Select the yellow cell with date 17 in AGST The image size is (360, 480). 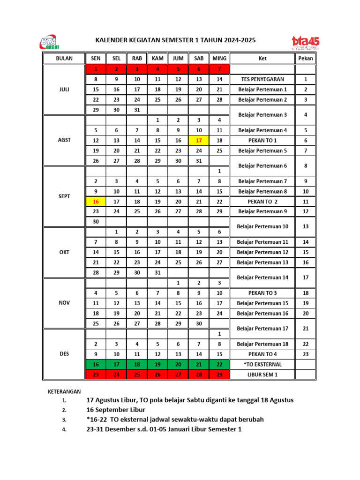click(199, 140)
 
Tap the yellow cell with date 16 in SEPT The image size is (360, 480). click(96, 202)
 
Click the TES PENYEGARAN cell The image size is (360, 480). click(262, 79)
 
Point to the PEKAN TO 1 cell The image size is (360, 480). click(262, 140)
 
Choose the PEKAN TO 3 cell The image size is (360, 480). click(262, 293)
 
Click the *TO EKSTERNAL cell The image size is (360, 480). click(262, 364)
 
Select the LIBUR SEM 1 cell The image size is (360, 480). click(262, 375)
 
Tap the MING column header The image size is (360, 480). click(219, 59)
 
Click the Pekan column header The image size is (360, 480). click(306, 59)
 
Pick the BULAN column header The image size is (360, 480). click(64, 59)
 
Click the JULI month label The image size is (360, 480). click(64, 90)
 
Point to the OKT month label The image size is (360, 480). click(64, 252)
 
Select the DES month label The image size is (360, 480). click(64, 354)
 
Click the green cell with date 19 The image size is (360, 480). click(157, 364)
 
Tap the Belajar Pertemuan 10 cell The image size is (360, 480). click(262, 227)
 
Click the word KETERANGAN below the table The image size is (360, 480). click(64, 391)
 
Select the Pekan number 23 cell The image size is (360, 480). click(306, 354)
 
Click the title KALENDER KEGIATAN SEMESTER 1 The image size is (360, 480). click(176, 41)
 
